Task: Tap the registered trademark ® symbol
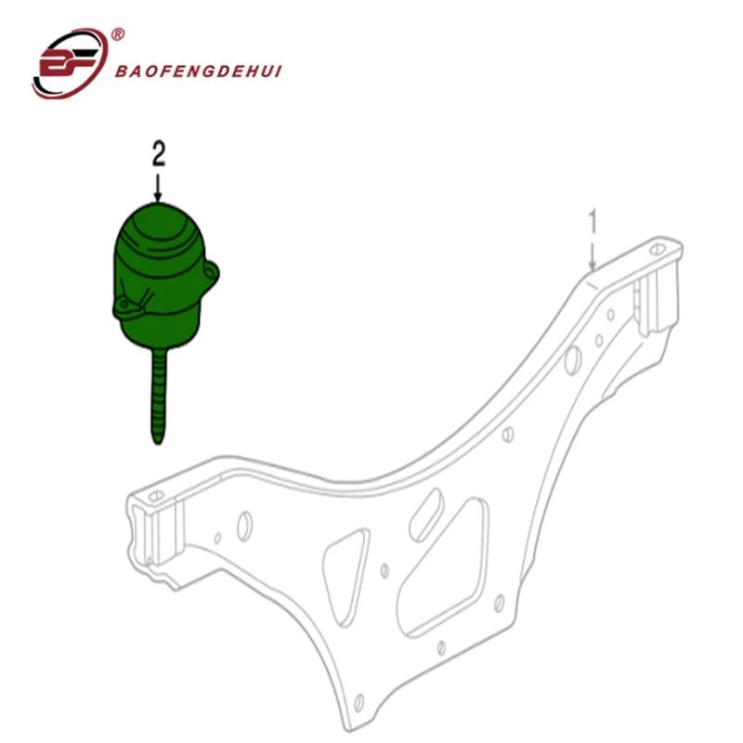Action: [118, 35]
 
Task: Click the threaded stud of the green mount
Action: [158, 390]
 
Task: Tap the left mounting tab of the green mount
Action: [124, 304]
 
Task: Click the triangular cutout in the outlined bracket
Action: [344, 567]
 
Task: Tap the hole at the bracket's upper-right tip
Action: [658, 248]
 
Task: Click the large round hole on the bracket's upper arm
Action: [574, 356]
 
